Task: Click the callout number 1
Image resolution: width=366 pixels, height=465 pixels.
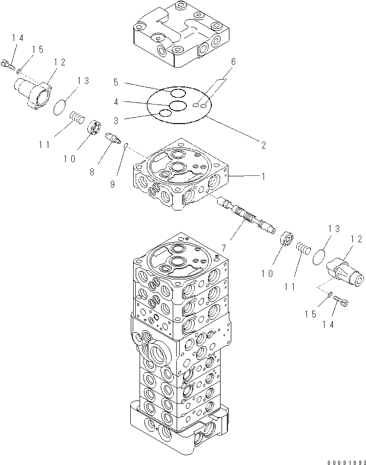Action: [x=263, y=176]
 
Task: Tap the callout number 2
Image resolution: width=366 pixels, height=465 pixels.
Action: [x=263, y=145]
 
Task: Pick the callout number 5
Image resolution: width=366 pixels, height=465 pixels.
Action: [x=116, y=82]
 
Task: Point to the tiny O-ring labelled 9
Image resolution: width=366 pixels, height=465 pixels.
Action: [x=126, y=145]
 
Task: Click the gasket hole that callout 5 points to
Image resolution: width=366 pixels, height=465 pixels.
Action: [x=178, y=93]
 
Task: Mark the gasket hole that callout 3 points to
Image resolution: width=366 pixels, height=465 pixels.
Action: [x=166, y=113]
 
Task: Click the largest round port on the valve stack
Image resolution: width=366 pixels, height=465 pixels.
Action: [x=160, y=352]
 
